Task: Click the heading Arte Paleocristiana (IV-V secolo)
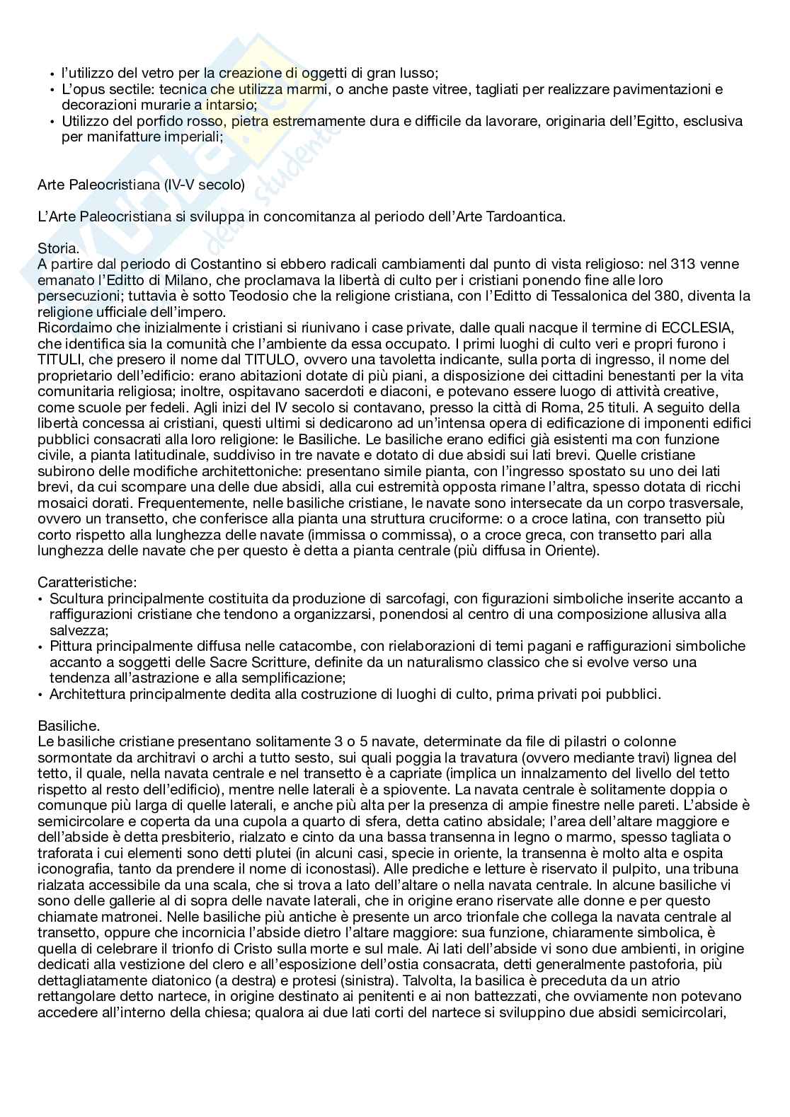(x=141, y=185)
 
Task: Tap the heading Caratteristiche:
(x=86, y=582)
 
